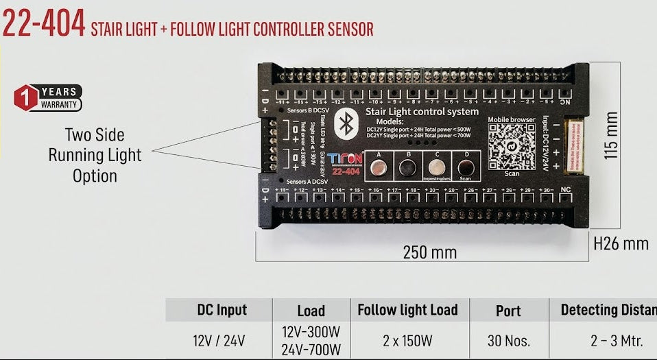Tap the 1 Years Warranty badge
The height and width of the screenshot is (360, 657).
point(48,98)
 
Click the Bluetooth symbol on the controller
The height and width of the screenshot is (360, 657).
point(347,125)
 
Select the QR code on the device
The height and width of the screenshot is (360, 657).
point(512,146)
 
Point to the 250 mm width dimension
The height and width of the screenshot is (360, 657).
point(430,252)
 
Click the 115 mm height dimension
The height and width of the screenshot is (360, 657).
point(612,136)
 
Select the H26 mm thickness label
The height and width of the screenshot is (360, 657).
point(621,243)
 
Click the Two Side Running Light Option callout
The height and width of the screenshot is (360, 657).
point(95,155)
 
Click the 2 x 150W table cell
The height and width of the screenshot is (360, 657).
point(407,341)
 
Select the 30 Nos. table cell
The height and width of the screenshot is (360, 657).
point(508,341)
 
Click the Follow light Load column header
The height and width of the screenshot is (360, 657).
point(407,310)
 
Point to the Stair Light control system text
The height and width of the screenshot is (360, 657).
point(422,111)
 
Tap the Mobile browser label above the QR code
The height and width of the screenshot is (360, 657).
point(512,120)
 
